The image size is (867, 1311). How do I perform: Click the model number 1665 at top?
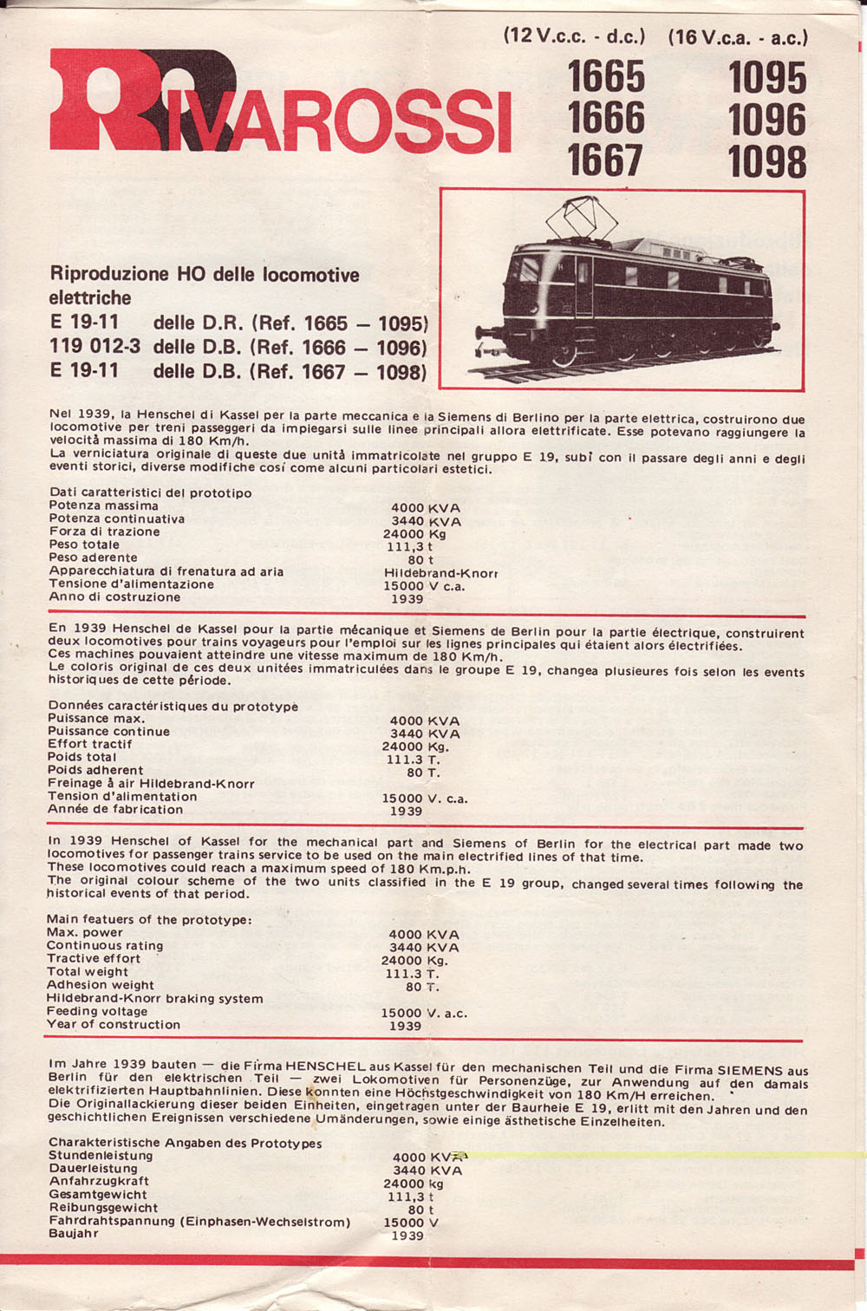606,77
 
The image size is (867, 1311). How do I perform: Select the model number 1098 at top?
767,162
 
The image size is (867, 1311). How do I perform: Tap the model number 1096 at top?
767,120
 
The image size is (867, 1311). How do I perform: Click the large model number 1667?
606,161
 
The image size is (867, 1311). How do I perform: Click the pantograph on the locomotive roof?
579,217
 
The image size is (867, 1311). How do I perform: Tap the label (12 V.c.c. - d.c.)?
574,37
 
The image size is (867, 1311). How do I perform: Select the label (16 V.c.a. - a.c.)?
738,37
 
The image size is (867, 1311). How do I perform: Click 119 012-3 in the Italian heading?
95,346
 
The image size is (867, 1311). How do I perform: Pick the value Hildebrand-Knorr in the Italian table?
440,573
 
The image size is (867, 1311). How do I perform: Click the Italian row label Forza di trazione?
105,532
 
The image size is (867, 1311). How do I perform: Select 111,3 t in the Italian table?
409,547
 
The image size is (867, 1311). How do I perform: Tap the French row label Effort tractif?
90,744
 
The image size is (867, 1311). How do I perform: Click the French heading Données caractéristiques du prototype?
173,706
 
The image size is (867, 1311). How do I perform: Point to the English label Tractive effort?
93,958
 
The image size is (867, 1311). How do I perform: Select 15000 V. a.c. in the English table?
424,1013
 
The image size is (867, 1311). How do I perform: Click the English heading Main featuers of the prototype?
149,919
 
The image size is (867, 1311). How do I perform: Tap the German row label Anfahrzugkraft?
99,1181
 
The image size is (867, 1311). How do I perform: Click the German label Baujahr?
74,1233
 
